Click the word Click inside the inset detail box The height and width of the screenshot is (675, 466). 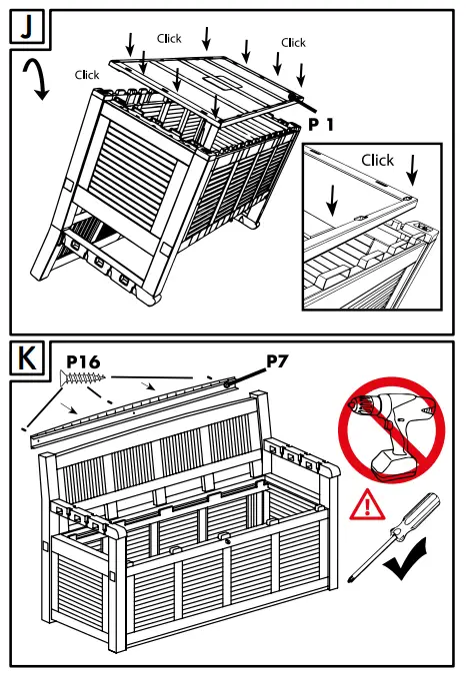point(378,160)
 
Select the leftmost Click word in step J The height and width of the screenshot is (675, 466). point(87,75)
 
